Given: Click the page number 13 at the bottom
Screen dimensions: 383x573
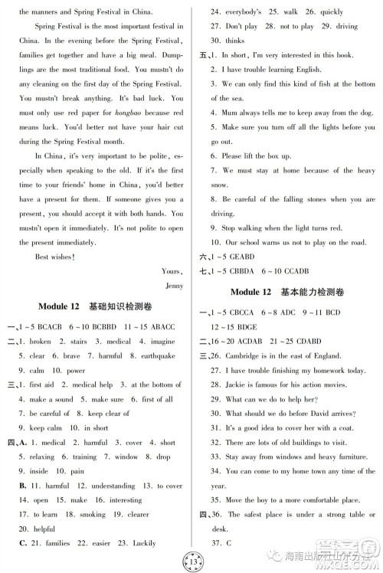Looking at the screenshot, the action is [x=191, y=557].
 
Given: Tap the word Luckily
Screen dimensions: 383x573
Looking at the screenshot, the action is [x=173, y=543].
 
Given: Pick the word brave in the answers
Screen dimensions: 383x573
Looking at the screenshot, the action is [x=71, y=356].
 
